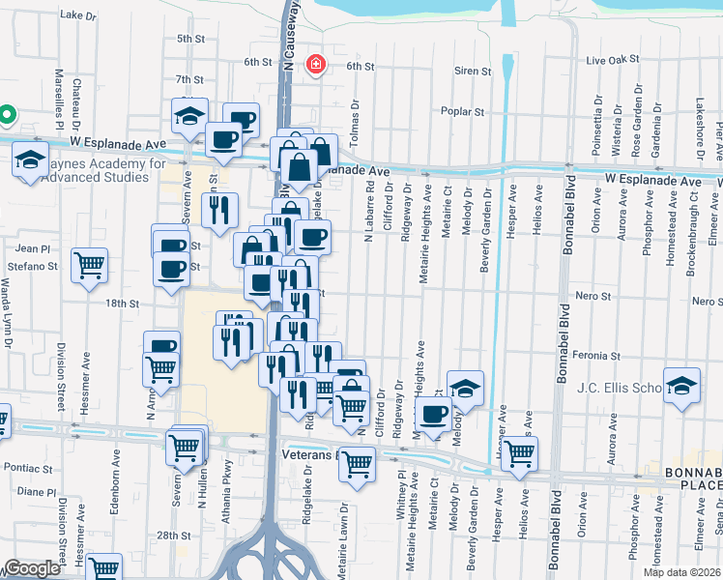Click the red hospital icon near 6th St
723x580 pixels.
[x=314, y=65]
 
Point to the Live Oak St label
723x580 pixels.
[x=611, y=60]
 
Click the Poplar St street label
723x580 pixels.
[x=462, y=112]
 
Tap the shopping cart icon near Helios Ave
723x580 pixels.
[x=520, y=451]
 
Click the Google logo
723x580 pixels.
[x=32, y=568]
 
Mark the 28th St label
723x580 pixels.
[x=174, y=535]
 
